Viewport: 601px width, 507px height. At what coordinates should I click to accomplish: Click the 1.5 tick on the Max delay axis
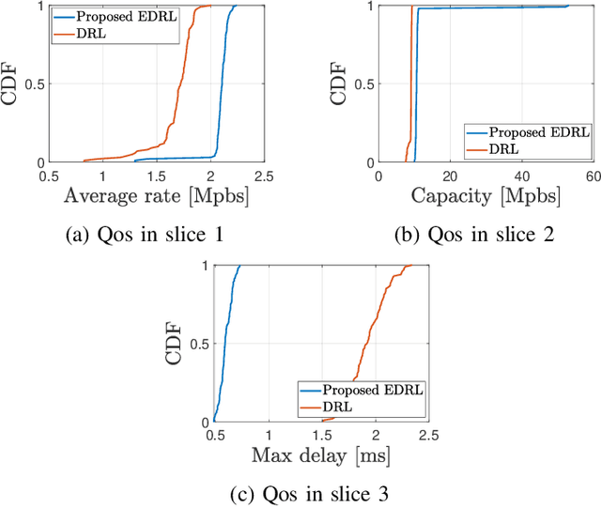[322, 436]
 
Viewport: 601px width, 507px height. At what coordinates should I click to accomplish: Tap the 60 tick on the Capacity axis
[590, 177]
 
